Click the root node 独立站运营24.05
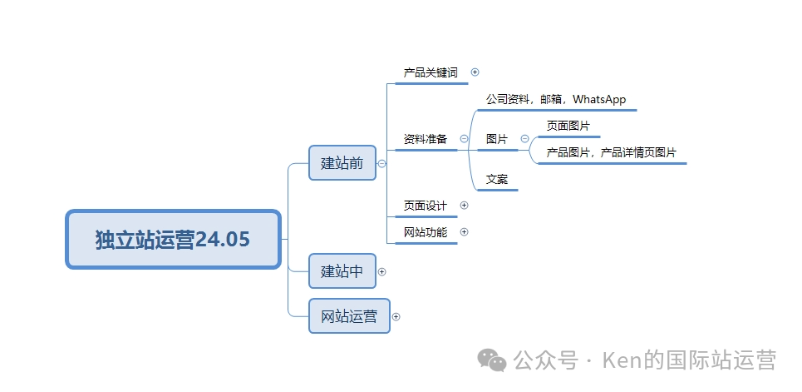click(x=173, y=240)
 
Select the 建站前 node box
click(x=342, y=163)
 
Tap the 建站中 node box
click(x=342, y=271)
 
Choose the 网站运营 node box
click(x=349, y=316)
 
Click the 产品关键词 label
click(x=431, y=72)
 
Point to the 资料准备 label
click(x=426, y=139)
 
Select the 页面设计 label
click(x=426, y=206)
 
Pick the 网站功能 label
click(x=426, y=232)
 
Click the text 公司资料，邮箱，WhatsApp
click(x=556, y=99)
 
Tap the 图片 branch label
click(x=497, y=139)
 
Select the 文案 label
click(x=497, y=179)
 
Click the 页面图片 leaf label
click(x=568, y=126)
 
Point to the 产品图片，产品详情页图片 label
click(x=611, y=152)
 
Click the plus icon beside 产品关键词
click(x=475, y=72)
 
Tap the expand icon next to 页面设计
click(x=464, y=206)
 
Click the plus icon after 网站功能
click(x=464, y=232)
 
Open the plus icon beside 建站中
click(x=382, y=271)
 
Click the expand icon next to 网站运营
click(x=396, y=316)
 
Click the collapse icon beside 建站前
click(x=382, y=164)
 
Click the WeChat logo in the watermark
click(x=491, y=360)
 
